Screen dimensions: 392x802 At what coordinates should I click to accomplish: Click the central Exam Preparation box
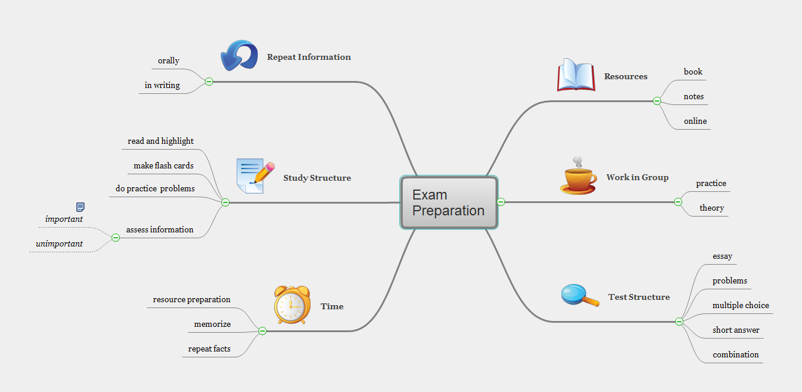[x=449, y=202]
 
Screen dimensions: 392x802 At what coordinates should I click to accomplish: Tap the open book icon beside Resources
[x=576, y=75]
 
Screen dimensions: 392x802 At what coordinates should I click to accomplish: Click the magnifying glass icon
[x=579, y=295]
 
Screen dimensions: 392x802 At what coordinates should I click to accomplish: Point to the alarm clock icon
[x=292, y=305]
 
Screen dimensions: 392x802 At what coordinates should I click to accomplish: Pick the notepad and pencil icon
[x=255, y=176]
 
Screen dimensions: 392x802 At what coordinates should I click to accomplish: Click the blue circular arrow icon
[x=239, y=56]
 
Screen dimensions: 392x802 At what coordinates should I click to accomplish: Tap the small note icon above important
[x=80, y=207]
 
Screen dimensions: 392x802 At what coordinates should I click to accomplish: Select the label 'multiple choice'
[x=740, y=305]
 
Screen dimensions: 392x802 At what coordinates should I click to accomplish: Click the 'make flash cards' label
[x=163, y=165]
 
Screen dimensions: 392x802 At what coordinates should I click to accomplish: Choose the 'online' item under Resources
[x=695, y=121]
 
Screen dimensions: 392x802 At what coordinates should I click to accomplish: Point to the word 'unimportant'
[x=59, y=244]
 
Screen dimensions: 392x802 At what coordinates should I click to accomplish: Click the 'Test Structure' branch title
[x=639, y=297]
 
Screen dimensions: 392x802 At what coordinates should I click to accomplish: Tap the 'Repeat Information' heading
[x=309, y=57]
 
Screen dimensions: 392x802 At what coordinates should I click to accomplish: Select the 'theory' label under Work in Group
[x=712, y=208]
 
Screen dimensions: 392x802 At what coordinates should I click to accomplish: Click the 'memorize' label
[x=213, y=324]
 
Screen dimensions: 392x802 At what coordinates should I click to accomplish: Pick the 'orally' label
[x=169, y=60]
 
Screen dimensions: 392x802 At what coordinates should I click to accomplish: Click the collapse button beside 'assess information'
[x=116, y=238]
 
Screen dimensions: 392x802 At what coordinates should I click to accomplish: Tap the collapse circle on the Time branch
[x=262, y=331]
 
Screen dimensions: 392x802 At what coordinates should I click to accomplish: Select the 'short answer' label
[x=736, y=330]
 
